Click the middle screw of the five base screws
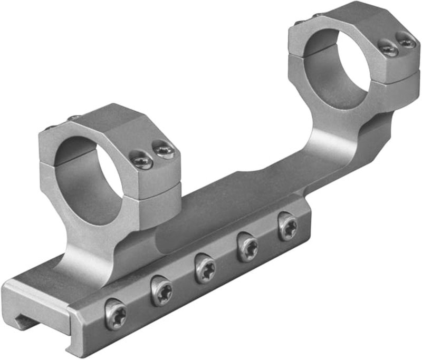point(205,268)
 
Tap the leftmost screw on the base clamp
point(116,315)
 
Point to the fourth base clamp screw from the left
point(247,247)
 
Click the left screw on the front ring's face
point(141,160)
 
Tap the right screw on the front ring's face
point(164,151)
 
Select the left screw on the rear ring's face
point(389,49)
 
